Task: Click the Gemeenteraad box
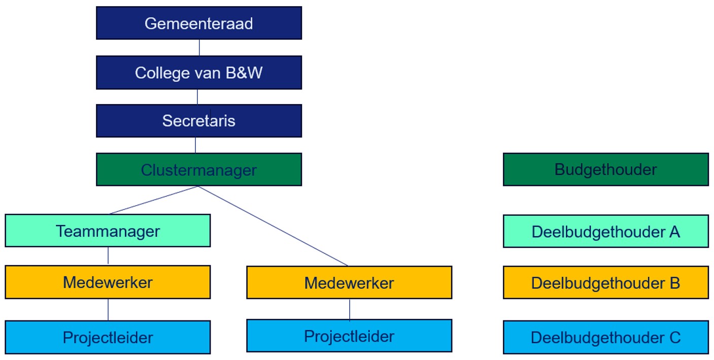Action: pyautogui.click(x=199, y=23)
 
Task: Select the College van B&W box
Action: pyautogui.click(x=199, y=73)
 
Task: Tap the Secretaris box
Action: pyautogui.click(x=199, y=121)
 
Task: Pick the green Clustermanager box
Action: pyautogui.click(x=199, y=170)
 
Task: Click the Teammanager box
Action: pyautogui.click(x=108, y=231)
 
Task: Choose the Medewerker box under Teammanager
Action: pyautogui.click(x=108, y=282)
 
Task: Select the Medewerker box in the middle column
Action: pyautogui.click(x=349, y=283)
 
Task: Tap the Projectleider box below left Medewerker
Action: pyautogui.click(x=108, y=338)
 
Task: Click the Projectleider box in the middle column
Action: pyautogui.click(x=349, y=336)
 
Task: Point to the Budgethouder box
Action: pyautogui.click(x=605, y=170)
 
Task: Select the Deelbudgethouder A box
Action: pyautogui.click(x=605, y=232)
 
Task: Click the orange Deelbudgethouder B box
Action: pyautogui.click(x=605, y=283)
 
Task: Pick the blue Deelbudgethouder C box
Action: pyautogui.click(x=605, y=338)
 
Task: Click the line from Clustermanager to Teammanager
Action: pyautogui.click(x=154, y=200)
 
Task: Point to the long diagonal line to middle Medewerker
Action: pyautogui.click(x=273, y=226)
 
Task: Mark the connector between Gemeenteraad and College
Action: pyautogui.click(x=199, y=48)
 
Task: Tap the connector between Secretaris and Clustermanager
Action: pyautogui.click(x=196, y=145)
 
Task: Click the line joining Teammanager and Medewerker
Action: pyautogui.click(x=108, y=256)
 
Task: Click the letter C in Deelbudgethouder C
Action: pyautogui.click(x=674, y=338)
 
